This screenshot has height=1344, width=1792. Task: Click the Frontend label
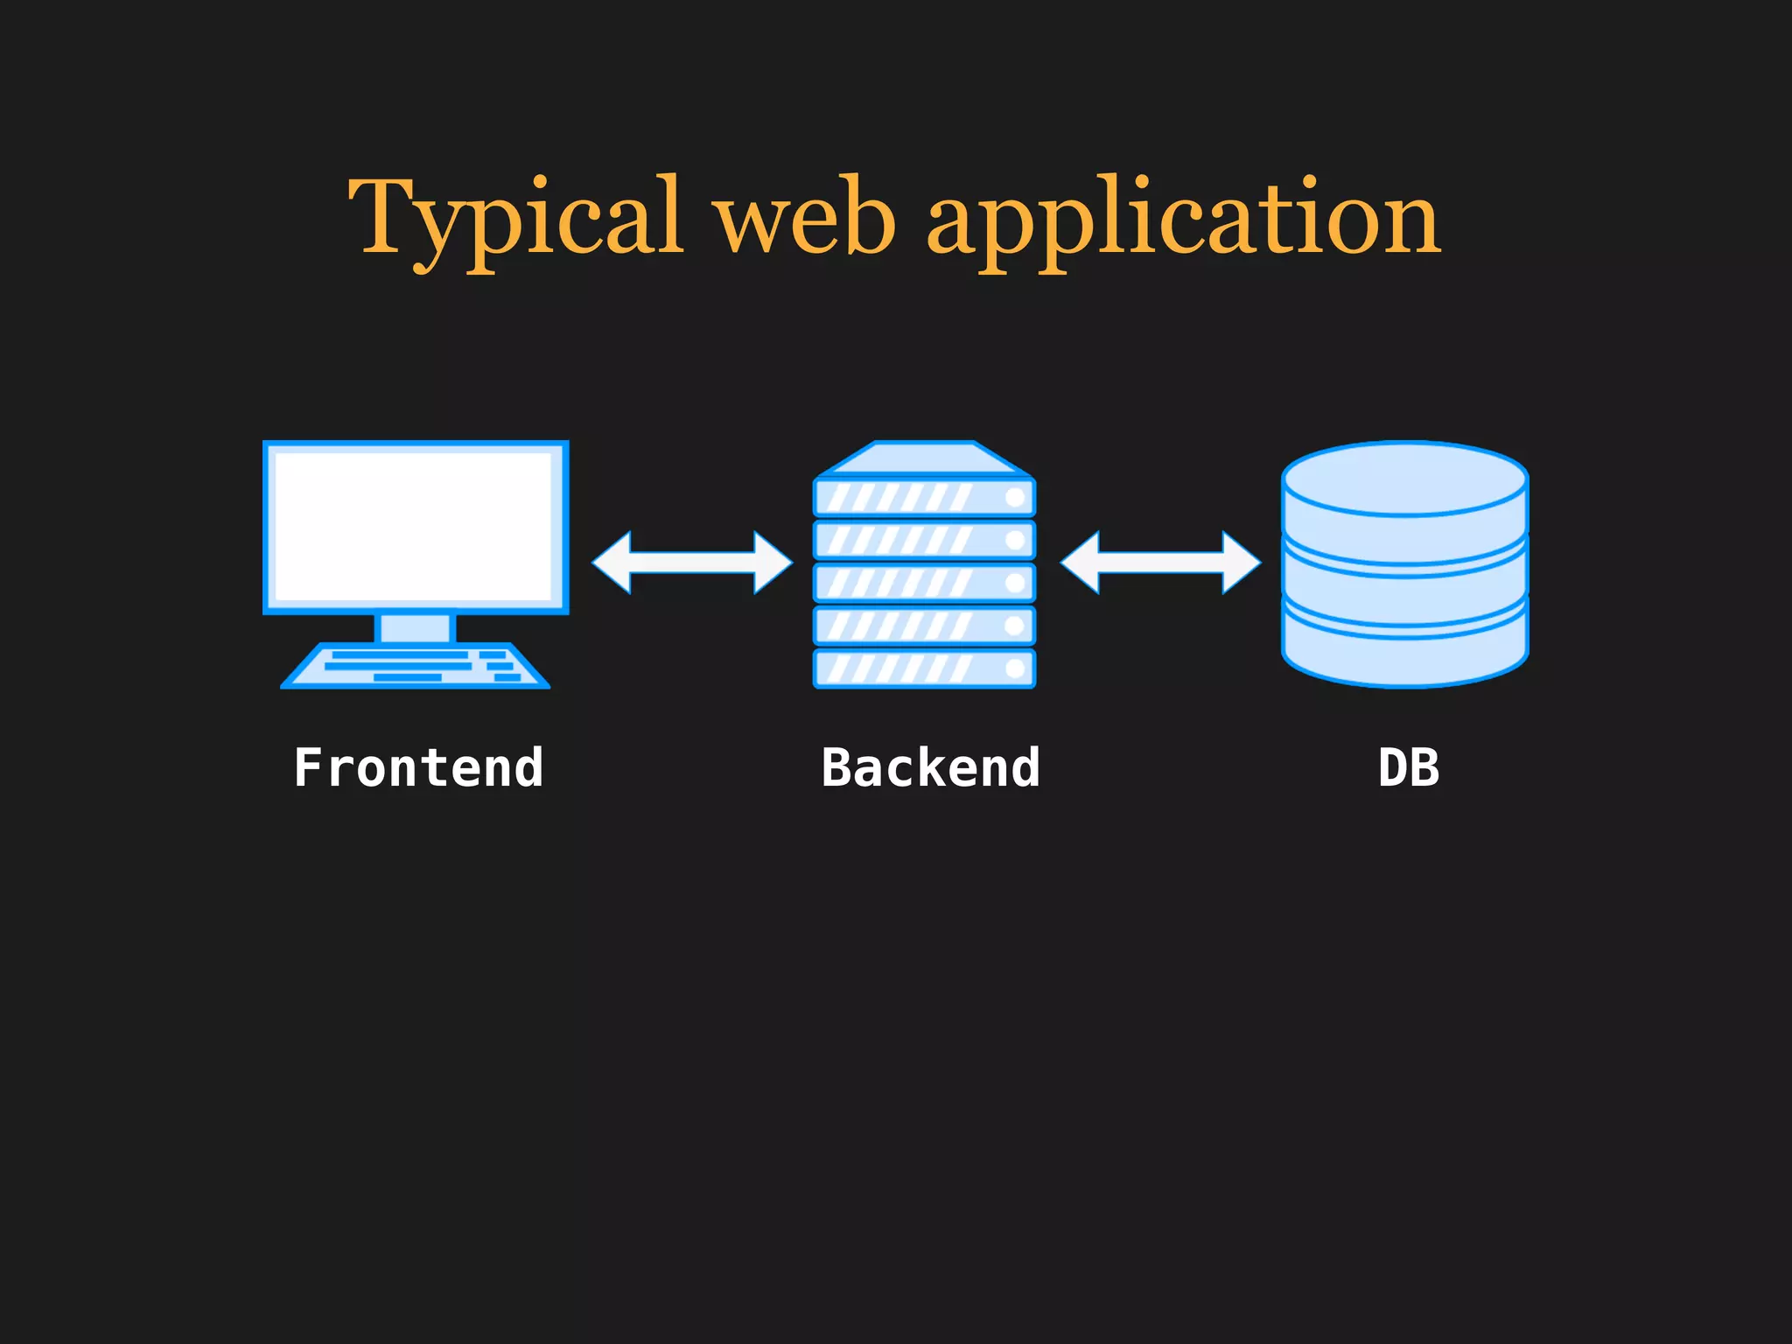coord(418,768)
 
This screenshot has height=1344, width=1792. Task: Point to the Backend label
coord(930,768)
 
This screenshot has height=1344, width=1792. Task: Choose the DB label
coord(1409,768)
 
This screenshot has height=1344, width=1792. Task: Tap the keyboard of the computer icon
coord(415,667)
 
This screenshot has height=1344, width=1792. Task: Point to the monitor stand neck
coord(415,627)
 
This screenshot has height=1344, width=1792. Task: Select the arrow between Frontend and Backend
coord(691,563)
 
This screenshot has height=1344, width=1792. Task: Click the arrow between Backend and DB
coord(1160,563)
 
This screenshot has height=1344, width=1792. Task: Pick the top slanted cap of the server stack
coord(924,458)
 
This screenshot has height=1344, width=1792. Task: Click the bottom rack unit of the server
coord(924,668)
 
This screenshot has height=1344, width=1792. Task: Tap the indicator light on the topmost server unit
coord(1015,498)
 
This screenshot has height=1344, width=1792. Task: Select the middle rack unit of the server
coord(924,583)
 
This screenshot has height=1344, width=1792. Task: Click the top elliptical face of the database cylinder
coord(1404,478)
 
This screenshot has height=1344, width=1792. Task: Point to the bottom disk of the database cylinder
coord(1404,656)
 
